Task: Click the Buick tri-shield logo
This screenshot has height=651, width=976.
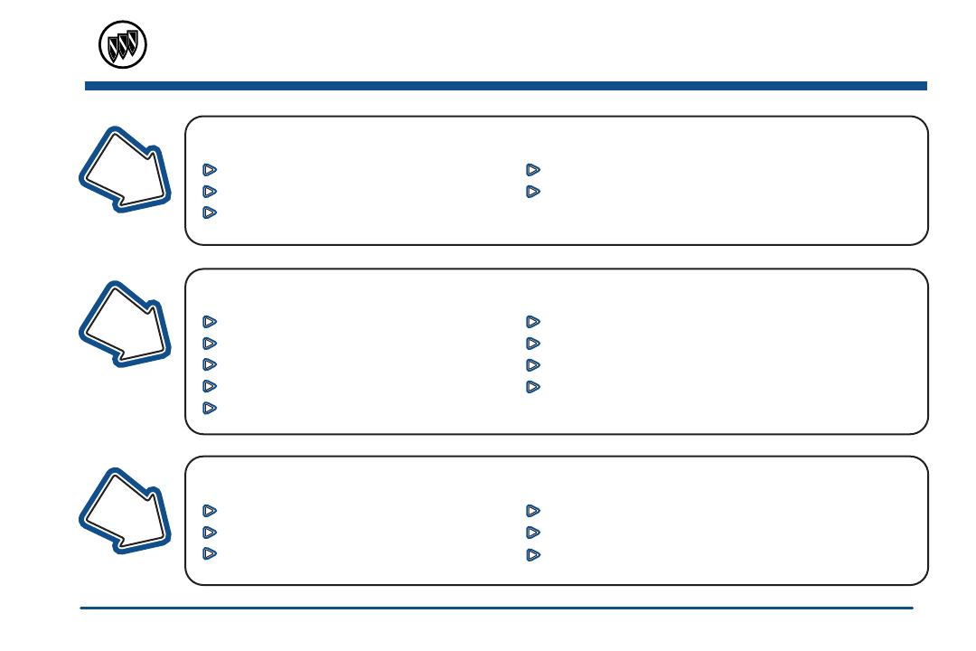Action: pos(122,44)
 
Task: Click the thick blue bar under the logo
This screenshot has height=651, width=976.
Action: pos(506,86)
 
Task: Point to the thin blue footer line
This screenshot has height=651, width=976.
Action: pos(497,609)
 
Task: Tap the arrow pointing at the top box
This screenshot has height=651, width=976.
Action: pos(127,170)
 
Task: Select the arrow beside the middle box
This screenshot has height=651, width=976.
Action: pos(127,324)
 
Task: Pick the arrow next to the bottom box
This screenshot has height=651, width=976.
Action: pos(127,510)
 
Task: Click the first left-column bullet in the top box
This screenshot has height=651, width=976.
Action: pos(210,169)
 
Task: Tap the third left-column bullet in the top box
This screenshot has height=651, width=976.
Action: pos(210,212)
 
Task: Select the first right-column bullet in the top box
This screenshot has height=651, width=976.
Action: pos(533,169)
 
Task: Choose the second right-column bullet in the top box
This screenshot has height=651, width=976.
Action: pos(533,191)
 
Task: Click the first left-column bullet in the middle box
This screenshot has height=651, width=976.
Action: pos(210,321)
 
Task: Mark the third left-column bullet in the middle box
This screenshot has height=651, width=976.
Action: pos(210,364)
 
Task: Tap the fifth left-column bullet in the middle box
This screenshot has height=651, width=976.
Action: pos(210,408)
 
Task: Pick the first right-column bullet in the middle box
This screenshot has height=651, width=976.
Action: pos(533,321)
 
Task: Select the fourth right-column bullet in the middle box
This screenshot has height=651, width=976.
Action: pos(533,386)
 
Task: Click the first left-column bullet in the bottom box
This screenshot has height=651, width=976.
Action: pos(210,510)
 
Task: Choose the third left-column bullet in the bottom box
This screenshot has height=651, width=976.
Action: pos(210,553)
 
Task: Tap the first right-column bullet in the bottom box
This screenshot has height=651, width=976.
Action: pos(533,510)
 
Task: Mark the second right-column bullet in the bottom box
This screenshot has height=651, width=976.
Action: pos(533,532)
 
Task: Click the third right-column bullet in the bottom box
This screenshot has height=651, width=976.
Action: pos(533,553)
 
